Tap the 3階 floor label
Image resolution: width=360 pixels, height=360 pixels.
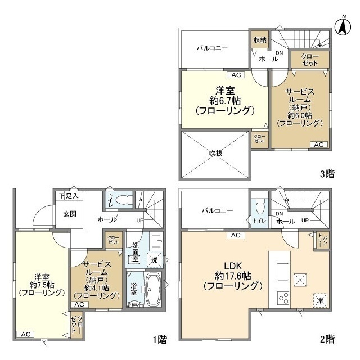[328, 173]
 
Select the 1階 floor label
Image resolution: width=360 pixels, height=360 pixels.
[159, 339]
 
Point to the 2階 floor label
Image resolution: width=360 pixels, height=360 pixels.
[328, 339]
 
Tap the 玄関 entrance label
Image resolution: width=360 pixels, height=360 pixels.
[62, 213]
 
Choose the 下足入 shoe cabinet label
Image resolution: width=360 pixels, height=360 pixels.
[69, 195]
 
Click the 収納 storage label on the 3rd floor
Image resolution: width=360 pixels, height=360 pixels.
[259, 39]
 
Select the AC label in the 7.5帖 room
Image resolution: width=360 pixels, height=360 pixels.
[25, 334]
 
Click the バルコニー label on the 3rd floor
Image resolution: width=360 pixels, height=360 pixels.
[212, 48]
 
